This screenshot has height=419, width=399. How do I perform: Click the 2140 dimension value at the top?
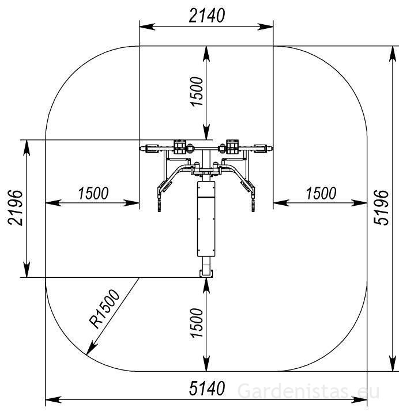[206, 16]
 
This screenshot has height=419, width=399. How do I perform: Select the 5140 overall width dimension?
[206, 390]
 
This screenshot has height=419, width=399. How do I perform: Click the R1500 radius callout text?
[104, 309]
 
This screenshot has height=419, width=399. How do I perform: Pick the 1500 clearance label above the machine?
[197, 91]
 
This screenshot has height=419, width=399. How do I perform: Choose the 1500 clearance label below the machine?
[197, 323]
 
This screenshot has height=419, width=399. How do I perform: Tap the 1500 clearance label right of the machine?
[321, 194]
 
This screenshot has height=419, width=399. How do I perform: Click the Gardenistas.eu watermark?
[309, 391]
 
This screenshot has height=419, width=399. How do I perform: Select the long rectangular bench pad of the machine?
[206, 219]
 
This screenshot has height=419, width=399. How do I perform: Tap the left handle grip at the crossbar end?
[152, 149]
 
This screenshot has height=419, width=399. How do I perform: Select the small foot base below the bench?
[206, 269]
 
